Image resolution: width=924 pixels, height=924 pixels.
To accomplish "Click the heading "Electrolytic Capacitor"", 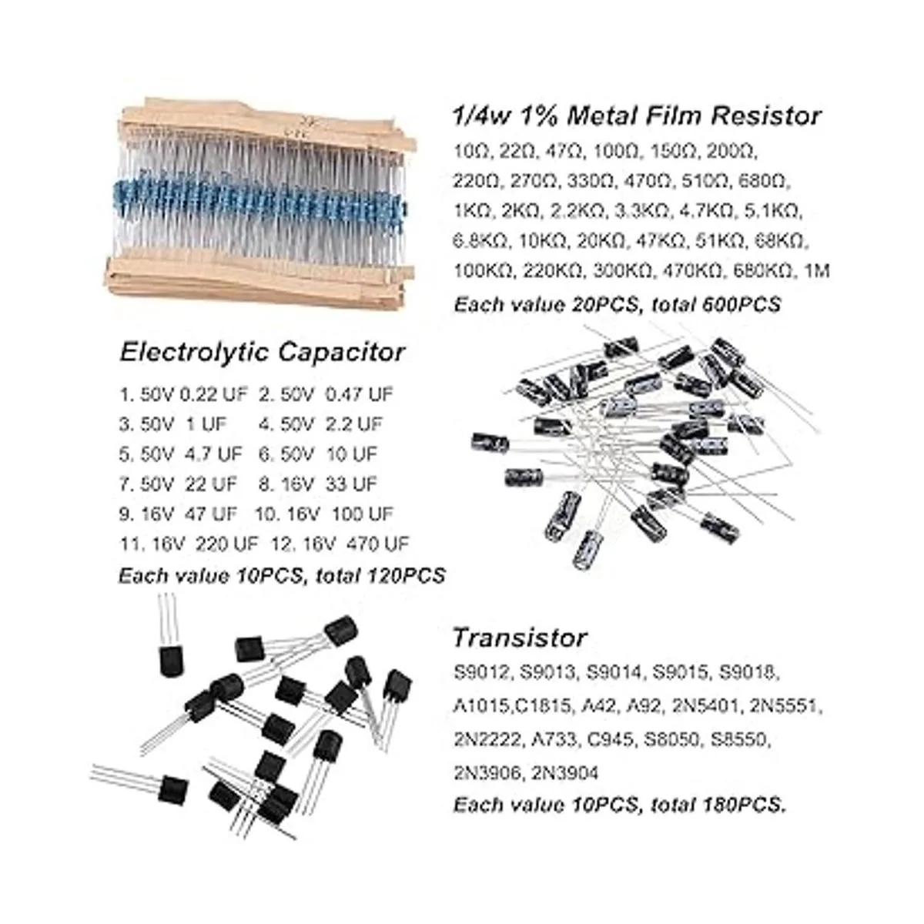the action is (263, 353).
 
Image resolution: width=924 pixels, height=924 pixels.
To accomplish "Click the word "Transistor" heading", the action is (520, 638).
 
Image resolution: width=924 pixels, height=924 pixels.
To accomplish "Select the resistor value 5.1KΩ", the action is (772, 211).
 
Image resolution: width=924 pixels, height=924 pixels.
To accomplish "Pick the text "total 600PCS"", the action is (716, 304).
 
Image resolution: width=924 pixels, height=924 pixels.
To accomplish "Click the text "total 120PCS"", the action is (380, 575).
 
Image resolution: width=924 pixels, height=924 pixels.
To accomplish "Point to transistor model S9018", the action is (749, 673).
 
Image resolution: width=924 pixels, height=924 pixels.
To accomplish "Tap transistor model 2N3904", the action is (565, 773).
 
